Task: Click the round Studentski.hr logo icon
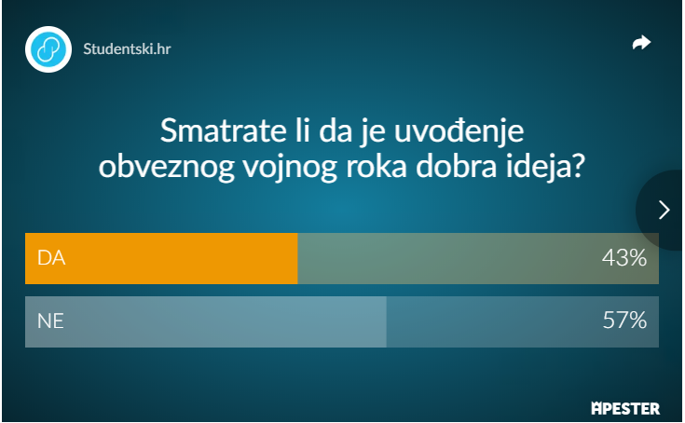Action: click(x=48, y=49)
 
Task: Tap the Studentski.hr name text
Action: click(x=127, y=48)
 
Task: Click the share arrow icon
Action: click(x=641, y=42)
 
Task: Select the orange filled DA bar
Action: click(x=161, y=258)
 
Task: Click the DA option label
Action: click(x=51, y=258)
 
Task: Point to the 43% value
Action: click(x=624, y=257)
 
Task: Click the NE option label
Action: click(x=50, y=321)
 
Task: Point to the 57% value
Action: click(x=624, y=320)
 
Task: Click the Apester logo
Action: click(x=625, y=409)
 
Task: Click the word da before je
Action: click(x=336, y=130)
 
